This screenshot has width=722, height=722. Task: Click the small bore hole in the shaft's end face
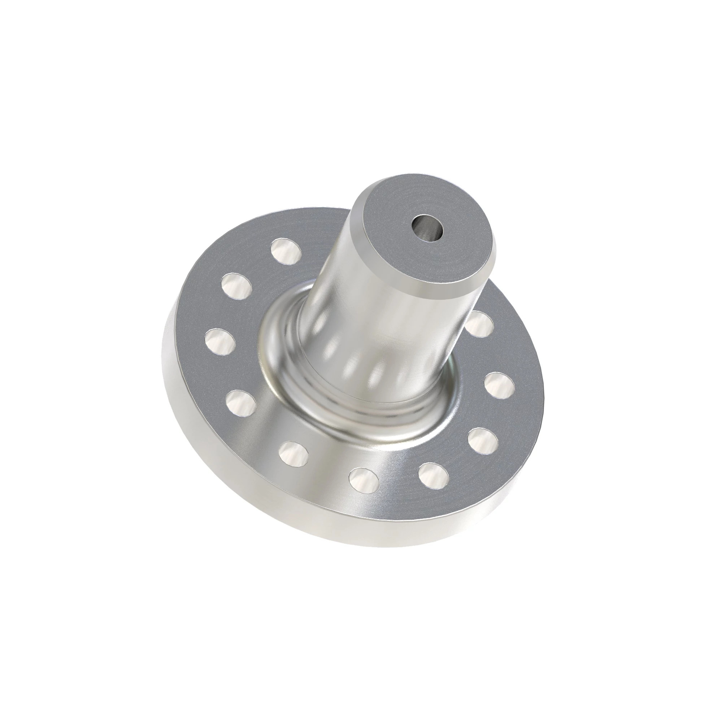(x=427, y=227)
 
